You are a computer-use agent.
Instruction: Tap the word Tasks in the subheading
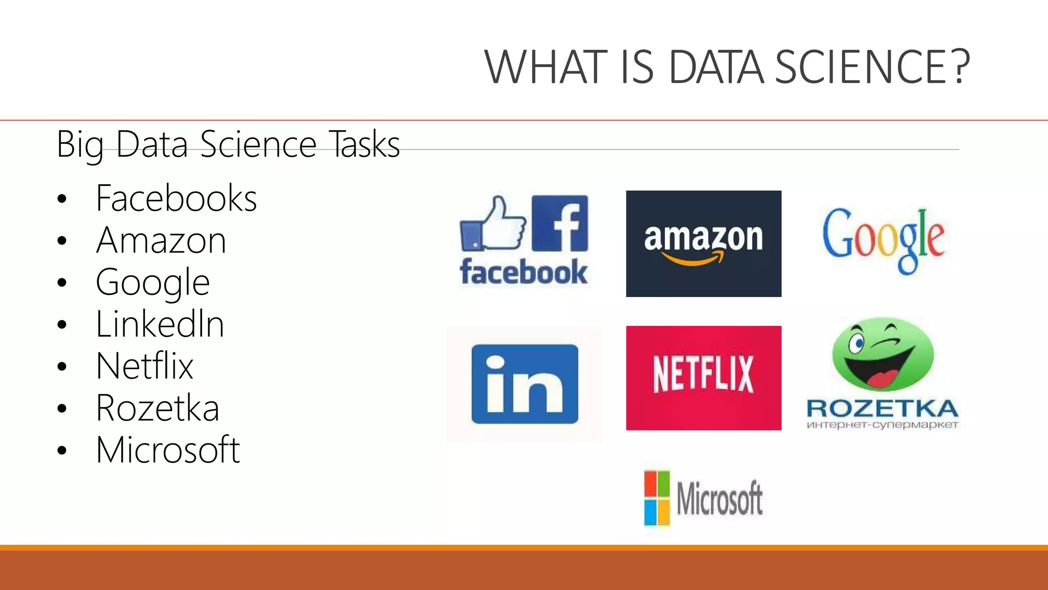364,145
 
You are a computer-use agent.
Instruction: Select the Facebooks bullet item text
176,198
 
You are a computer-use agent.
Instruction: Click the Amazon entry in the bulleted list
161,240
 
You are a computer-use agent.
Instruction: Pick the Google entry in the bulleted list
152,283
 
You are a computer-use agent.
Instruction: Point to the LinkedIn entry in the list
160,324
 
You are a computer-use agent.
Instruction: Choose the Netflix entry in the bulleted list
144,366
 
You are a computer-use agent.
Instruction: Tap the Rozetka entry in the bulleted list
158,408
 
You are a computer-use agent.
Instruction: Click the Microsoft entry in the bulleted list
168,450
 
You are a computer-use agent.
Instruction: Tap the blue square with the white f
560,223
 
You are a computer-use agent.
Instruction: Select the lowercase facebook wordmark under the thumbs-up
523,272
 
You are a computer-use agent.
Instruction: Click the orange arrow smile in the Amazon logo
693,259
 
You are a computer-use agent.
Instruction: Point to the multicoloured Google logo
883,239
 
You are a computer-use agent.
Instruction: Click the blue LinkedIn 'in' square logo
525,384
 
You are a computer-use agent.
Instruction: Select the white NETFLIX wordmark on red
703,374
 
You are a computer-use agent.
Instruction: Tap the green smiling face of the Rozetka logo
883,354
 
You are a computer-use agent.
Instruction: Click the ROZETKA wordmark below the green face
882,409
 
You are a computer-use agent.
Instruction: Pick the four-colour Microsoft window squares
657,498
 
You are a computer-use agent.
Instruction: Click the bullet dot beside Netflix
62,367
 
